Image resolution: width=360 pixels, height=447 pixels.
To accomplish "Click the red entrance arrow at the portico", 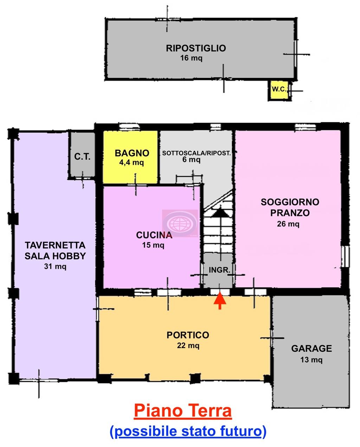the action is pyautogui.click(x=220, y=300).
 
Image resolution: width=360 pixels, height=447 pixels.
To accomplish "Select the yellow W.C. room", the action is pyautogui.click(x=279, y=90).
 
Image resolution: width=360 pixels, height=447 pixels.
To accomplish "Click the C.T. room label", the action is pyautogui.click(x=82, y=157).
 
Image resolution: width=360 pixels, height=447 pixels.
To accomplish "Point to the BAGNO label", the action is pyautogui.click(x=132, y=153).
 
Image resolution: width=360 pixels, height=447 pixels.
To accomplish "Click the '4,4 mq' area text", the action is pyautogui.click(x=131, y=162).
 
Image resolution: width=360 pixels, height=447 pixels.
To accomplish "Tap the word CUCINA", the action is pyautogui.click(x=154, y=235).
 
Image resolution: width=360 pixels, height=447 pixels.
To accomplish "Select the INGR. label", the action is pyautogui.click(x=219, y=270).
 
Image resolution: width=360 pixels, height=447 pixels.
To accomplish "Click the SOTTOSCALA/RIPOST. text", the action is pyautogui.click(x=197, y=153).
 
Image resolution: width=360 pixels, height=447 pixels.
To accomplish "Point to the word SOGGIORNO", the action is pyautogui.click(x=290, y=202).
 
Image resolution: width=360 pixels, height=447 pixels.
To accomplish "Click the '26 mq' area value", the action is pyautogui.click(x=288, y=224).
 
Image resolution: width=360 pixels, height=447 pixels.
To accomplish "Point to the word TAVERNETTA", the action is pyautogui.click(x=55, y=245).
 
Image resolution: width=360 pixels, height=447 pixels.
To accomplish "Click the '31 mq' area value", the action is pyautogui.click(x=55, y=266).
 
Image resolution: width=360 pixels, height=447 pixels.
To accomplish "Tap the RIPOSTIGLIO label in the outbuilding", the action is pyautogui.click(x=196, y=48).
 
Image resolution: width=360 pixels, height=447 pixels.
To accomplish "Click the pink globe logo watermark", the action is pyautogui.click(x=180, y=223).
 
